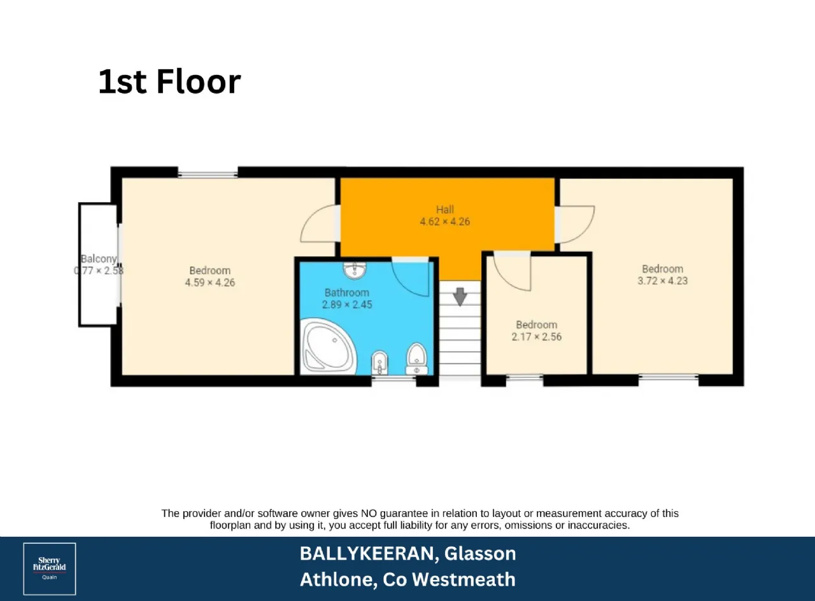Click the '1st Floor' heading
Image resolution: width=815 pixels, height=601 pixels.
[x=169, y=81]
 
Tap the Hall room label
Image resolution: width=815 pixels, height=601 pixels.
[x=444, y=210]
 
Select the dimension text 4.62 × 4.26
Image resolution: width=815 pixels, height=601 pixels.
[x=444, y=222]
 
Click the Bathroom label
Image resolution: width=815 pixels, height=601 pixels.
[x=346, y=293]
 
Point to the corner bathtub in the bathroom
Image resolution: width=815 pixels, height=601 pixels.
[x=327, y=346]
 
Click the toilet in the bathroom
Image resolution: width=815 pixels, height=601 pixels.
[x=416, y=358]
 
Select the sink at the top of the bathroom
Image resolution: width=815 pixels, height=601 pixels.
[x=355, y=270]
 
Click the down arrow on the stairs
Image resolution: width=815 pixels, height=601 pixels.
[x=460, y=296]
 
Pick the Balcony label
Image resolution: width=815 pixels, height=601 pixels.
[x=99, y=259]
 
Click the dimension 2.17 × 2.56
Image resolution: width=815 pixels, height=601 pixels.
[x=537, y=337]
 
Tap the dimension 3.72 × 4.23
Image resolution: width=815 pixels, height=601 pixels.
[x=663, y=281]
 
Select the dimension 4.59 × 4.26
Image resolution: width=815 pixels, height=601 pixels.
[x=210, y=283]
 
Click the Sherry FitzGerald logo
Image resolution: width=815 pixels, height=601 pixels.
[x=50, y=569]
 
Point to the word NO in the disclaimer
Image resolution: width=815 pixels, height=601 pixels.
[x=369, y=513]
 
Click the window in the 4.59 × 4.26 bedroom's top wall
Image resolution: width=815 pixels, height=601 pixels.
[x=208, y=174]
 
